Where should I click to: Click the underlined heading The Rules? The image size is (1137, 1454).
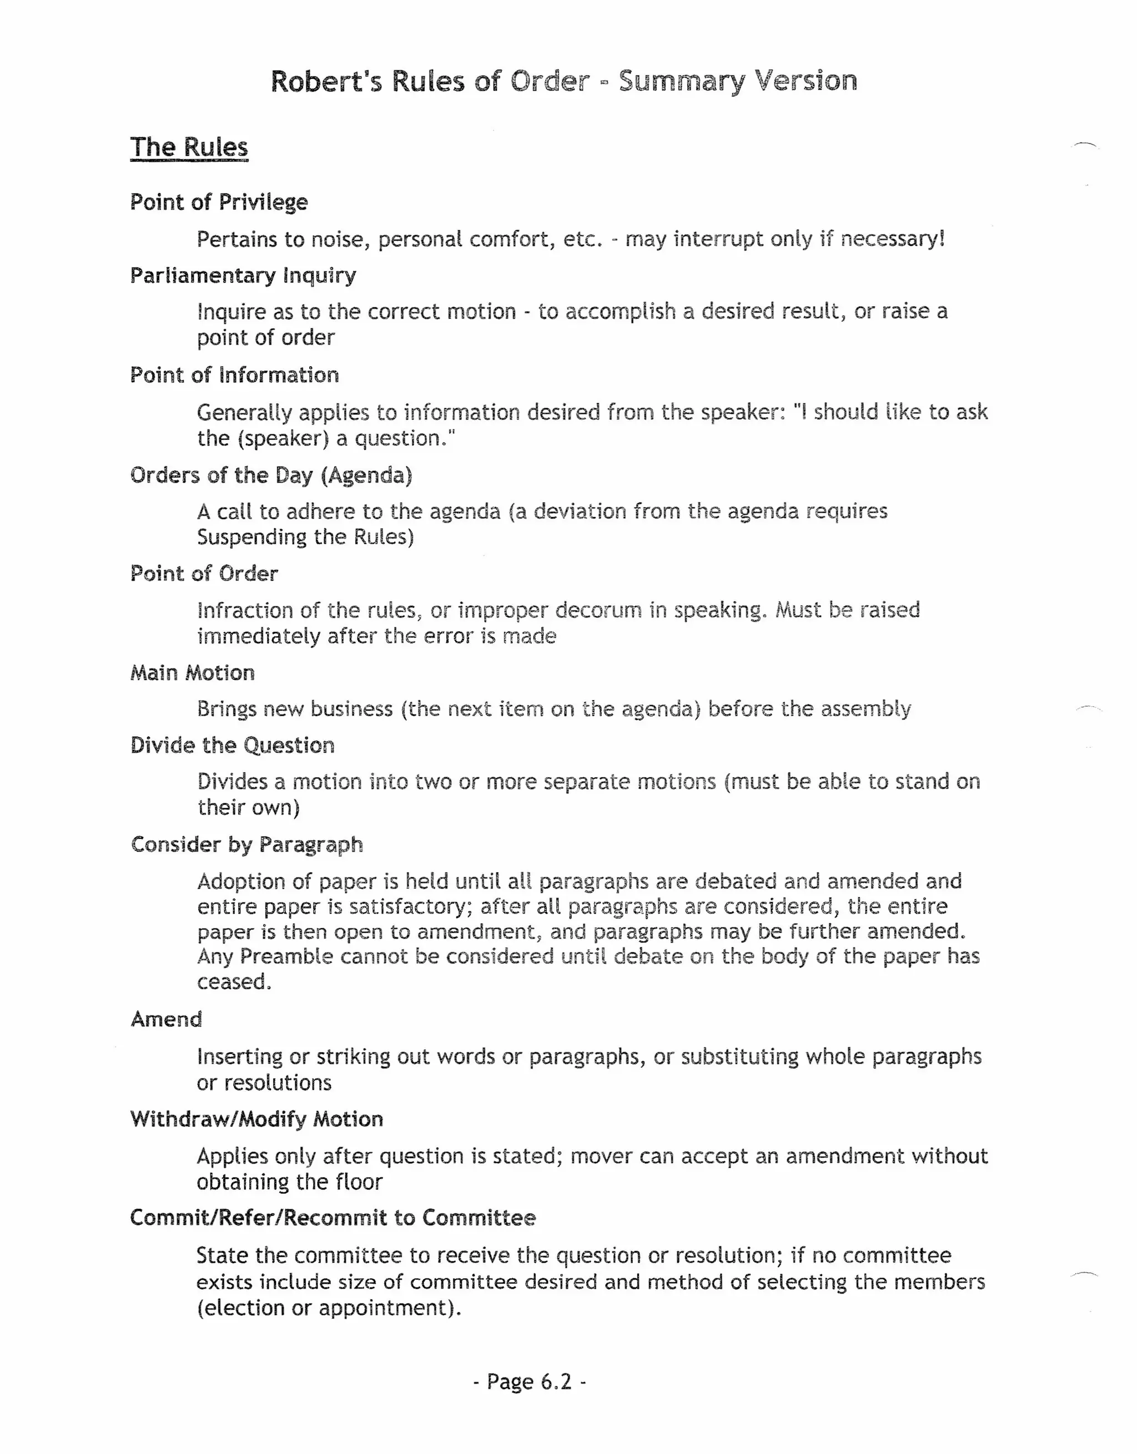[189, 147]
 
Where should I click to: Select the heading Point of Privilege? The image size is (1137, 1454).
[219, 202]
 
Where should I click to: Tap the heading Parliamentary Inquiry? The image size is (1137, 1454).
[243, 275]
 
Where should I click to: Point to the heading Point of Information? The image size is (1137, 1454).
[234, 376]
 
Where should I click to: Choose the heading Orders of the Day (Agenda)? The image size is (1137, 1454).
[271, 475]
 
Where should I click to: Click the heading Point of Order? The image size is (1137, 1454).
[204, 574]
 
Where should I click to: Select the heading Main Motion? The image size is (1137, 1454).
[193, 673]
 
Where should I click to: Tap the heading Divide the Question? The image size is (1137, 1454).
[232, 746]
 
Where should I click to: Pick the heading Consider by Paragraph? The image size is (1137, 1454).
[246, 845]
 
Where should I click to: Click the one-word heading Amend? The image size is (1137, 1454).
[166, 1019]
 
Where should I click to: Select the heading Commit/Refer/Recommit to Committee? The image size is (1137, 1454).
[333, 1218]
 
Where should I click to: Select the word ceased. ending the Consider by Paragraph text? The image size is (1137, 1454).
[234, 982]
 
